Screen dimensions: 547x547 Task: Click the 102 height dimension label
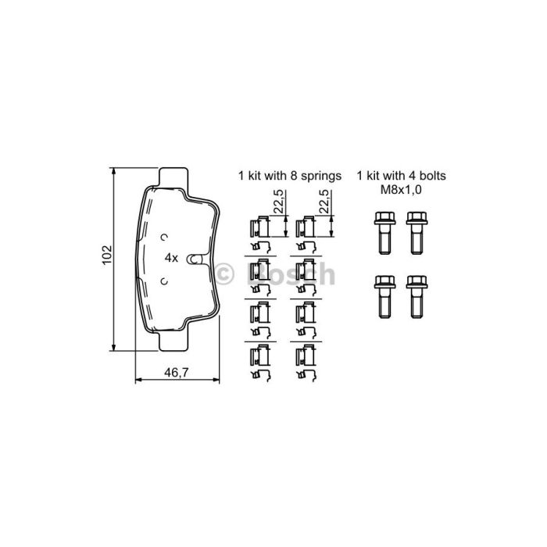tap(107, 255)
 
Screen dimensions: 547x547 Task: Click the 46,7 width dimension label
tap(177, 372)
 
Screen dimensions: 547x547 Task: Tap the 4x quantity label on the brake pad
tap(171, 258)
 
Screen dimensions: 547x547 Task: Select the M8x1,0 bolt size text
tap(401, 190)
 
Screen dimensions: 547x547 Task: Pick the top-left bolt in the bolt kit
tap(384, 233)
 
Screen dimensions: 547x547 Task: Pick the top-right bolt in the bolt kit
tap(417, 233)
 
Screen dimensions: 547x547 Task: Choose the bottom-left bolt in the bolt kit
tap(384, 297)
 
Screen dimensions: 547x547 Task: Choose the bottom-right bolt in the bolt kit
tap(417, 297)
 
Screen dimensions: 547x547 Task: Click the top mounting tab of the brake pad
tap(173, 178)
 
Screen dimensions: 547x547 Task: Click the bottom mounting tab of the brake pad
tap(173, 341)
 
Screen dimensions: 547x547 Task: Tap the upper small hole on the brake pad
tap(164, 238)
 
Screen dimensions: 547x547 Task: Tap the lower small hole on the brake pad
tap(164, 281)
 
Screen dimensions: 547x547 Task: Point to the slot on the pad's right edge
tap(195, 259)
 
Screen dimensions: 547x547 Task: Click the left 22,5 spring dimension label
tap(279, 202)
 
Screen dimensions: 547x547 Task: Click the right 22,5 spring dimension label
tap(324, 202)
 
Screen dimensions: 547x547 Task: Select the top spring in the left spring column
tap(260, 234)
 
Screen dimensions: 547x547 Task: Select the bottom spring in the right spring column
tap(306, 363)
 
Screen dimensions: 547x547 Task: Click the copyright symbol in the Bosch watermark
tap(223, 274)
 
